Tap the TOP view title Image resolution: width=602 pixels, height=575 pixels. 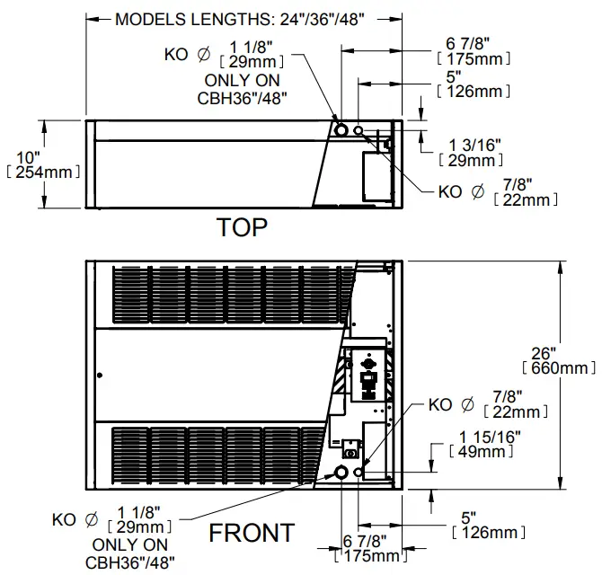click(242, 227)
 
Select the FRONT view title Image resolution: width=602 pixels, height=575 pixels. click(252, 533)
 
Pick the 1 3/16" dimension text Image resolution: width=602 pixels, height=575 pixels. click(474, 152)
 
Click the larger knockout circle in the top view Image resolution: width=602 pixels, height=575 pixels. click(341, 130)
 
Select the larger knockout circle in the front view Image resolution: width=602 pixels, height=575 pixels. click(341, 473)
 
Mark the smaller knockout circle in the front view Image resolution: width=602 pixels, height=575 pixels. click(359, 472)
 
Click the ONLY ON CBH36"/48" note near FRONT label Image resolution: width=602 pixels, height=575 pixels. click(131, 554)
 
